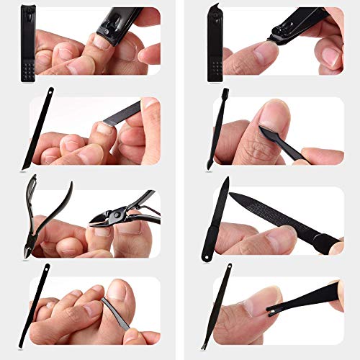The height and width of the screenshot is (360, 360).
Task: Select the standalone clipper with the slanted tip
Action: point(215,43)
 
